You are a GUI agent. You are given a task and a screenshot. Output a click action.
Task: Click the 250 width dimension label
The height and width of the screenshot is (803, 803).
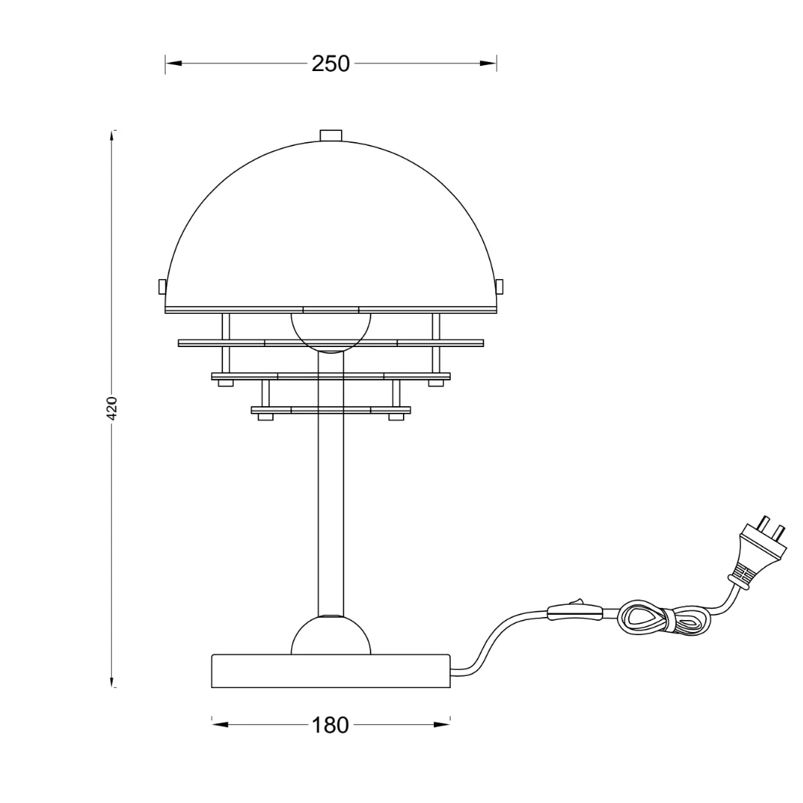tap(331, 64)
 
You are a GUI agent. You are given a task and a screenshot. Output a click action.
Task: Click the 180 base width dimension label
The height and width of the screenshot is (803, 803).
tap(330, 725)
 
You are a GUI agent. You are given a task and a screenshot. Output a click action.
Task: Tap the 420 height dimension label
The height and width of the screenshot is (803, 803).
tap(113, 408)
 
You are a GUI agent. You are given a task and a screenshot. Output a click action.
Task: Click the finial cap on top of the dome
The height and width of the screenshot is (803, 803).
tap(330, 135)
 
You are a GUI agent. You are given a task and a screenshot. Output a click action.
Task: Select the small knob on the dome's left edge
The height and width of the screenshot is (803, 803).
tap(162, 287)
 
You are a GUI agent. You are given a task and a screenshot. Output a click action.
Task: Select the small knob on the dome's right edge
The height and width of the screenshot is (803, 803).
tap(500, 287)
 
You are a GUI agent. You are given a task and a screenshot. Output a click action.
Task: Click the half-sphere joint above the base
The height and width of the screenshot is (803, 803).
tap(330, 636)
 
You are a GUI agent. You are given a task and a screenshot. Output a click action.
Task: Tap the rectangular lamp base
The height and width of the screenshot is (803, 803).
tap(331, 671)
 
